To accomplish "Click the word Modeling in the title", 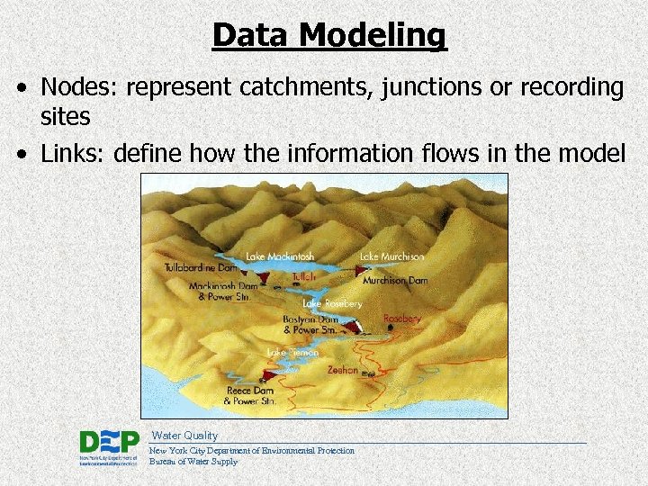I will click(373, 35).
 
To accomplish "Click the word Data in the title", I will click(251, 35).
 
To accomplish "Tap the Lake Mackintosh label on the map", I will click(280, 256).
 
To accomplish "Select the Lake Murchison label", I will click(391, 256).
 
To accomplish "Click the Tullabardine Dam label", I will click(201, 268).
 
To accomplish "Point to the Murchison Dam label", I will click(395, 281).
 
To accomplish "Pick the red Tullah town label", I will click(303, 277).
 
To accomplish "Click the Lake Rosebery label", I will click(332, 304).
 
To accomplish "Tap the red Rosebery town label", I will click(402, 319).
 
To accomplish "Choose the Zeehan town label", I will click(343, 370).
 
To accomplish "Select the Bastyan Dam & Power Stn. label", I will click(310, 324).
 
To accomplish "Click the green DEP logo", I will click(109, 442).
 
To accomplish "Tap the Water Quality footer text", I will click(184, 436).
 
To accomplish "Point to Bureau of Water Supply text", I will click(193, 462).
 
